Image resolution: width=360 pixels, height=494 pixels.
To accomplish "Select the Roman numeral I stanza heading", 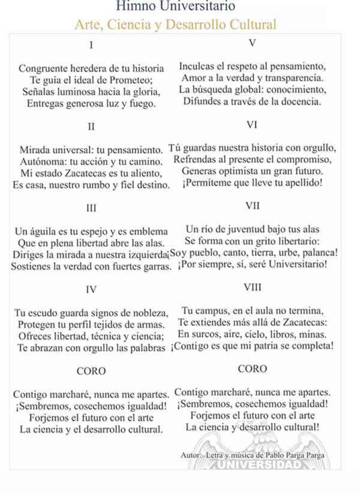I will click(x=91, y=45).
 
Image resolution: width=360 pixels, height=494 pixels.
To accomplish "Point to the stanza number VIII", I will click(x=252, y=287).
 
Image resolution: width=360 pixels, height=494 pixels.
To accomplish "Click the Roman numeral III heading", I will click(x=91, y=208).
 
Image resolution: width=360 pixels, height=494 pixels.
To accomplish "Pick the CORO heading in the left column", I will click(x=91, y=371).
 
